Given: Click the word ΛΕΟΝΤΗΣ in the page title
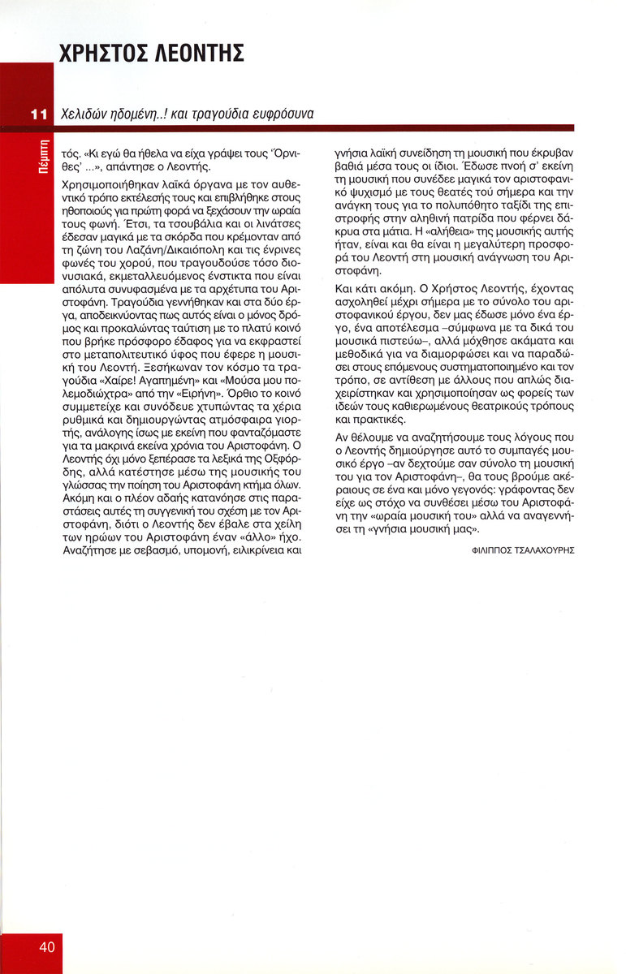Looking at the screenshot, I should [x=195, y=54].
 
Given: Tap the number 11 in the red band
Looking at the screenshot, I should [x=38, y=114].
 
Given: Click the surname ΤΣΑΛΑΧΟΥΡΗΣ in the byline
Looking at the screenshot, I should [x=545, y=550].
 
